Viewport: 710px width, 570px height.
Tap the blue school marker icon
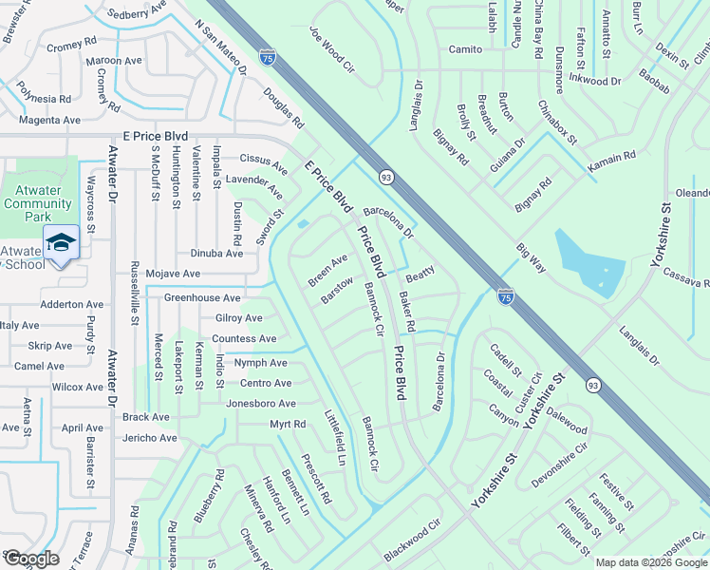pos(61,243)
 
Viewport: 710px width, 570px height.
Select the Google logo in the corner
pos(31,559)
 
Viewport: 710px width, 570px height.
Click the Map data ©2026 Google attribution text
pos(651,562)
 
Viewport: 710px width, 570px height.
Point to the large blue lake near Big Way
pos(587,261)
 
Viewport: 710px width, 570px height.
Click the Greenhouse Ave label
pos(202,297)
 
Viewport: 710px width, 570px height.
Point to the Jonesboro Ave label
pos(260,404)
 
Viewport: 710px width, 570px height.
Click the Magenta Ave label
pos(47,120)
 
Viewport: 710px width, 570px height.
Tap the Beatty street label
pos(420,273)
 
